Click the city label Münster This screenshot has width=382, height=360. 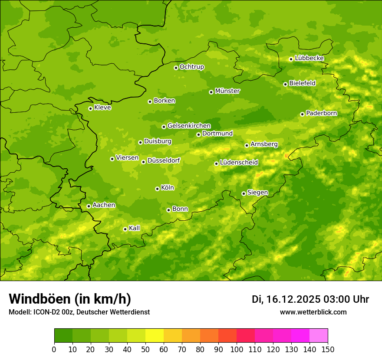tap(227, 91)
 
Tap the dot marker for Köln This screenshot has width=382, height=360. tap(157, 189)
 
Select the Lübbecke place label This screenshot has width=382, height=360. tap(309, 58)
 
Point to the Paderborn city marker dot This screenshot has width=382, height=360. tap(302, 114)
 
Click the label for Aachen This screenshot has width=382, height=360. tap(104, 205)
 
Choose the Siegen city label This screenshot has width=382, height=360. tap(257, 193)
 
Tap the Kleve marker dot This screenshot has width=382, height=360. tap(90, 108)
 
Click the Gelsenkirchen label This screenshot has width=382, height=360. tap(189, 126)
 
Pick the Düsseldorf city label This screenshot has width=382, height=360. tap(164, 160)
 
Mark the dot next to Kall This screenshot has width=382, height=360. tap(125, 229)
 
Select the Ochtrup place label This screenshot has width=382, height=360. tap(192, 67)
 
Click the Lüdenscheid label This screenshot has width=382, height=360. tap(239, 163)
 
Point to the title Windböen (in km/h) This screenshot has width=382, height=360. tap(70, 299)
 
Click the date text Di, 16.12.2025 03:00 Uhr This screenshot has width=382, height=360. tap(310, 299)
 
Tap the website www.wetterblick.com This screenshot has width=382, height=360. tap(313, 312)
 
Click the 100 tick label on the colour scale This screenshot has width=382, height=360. tap(237, 350)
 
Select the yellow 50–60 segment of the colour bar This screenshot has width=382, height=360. tap(155, 336)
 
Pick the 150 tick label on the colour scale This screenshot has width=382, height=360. tap(328, 350)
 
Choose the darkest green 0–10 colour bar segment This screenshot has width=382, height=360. tap(63, 336)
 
